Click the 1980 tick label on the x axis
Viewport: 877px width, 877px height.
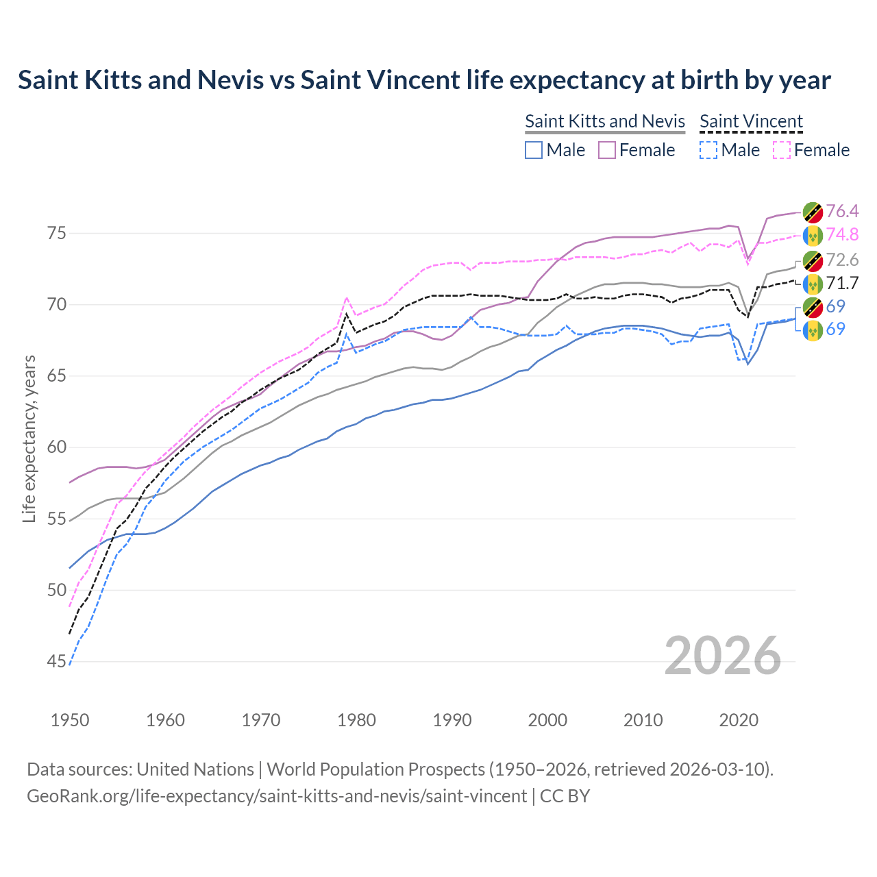coord(356,720)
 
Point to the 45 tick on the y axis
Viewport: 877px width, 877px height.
coord(57,662)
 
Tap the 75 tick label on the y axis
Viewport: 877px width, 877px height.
coord(57,234)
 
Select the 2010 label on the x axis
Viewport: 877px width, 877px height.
coord(643,720)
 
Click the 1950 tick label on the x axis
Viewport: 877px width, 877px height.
coord(70,720)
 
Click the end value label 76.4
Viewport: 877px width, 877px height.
coord(842,211)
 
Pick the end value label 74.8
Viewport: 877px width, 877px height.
coord(842,234)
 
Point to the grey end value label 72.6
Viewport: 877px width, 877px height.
coord(842,260)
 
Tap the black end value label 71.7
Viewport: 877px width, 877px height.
coord(842,283)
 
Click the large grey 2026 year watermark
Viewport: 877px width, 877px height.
coord(723,656)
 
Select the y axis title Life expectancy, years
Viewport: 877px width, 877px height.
coord(29,438)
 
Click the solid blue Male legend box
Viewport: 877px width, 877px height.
coord(534,150)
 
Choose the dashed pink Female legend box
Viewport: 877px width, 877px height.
coord(781,150)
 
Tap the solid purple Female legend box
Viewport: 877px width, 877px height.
coord(607,150)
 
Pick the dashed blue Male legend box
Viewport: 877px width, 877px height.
coord(708,150)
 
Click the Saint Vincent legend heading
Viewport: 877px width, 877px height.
coord(751,121)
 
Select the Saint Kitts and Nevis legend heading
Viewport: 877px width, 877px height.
coord(605,121)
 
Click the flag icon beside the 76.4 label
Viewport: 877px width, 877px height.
coord(813,212)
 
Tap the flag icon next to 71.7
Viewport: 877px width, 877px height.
coord(813,284)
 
